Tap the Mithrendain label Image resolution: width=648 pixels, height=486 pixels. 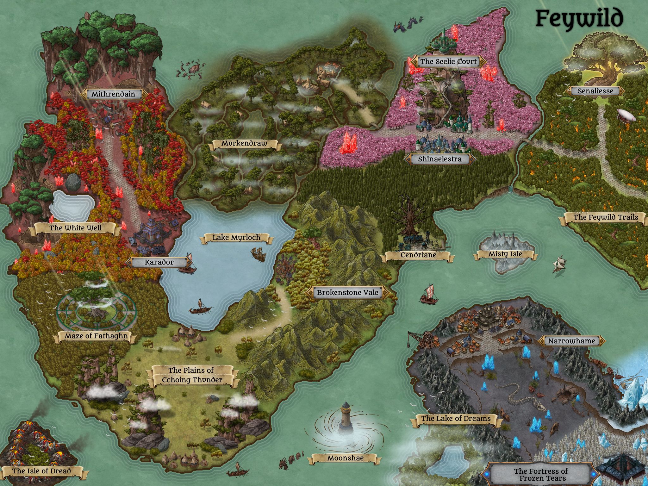pyautogui.click(x=113, y=94)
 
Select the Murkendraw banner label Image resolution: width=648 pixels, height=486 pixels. pyautogui.click(x=244, y=143)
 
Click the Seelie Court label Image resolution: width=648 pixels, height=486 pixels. pyautogui.click(x=448, y=61)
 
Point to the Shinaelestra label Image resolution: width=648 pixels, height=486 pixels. pyautogui.click(x=440, y=159)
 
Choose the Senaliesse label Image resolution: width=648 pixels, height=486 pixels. pyautogui.click(x=595, y=91)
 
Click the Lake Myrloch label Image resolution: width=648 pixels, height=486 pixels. pyautogui.click(x=236, y=238)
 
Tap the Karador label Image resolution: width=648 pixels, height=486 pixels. pyautogui.click(x=159, y=262)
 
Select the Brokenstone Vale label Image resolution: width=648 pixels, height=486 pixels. pyautogui.click(x=347, y=293)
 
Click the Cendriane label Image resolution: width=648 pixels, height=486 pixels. pyautogui.click(x=418, y=255)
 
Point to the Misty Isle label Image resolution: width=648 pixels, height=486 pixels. pyautogui.click(x=505, y=254)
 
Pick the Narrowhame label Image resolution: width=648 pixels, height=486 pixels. pyautogui.click(x=571, y=341)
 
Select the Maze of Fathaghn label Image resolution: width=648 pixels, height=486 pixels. pyautogui.click(x=96, y=336)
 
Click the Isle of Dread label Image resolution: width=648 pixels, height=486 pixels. pyautogui.click(x=41, y=471)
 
